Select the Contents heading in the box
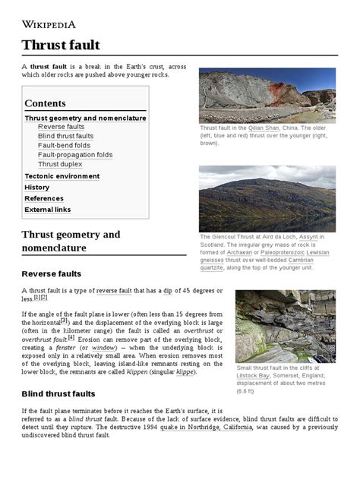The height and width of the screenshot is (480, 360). [x=45, y=103]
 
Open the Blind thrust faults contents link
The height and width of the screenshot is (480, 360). [x=66, y=136]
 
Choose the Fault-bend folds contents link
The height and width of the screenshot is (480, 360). [x=64, y=145]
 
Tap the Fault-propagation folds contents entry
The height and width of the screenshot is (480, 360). [x=74, y=155]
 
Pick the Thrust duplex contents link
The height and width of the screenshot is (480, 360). [x=59, y=164]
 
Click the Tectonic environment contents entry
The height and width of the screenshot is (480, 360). [x=62, y=176]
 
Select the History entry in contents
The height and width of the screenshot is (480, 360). [x=36, y=187]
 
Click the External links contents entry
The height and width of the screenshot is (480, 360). [x=47, y=210]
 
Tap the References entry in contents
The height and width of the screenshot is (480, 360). [x=44, y=198]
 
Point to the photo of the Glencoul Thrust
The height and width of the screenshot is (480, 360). [x=267, y=199]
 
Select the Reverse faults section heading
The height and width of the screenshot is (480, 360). [x=52, y=273]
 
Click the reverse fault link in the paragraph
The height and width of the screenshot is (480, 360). [x=118, y=291]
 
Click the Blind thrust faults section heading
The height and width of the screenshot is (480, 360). [x=58, y=394]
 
